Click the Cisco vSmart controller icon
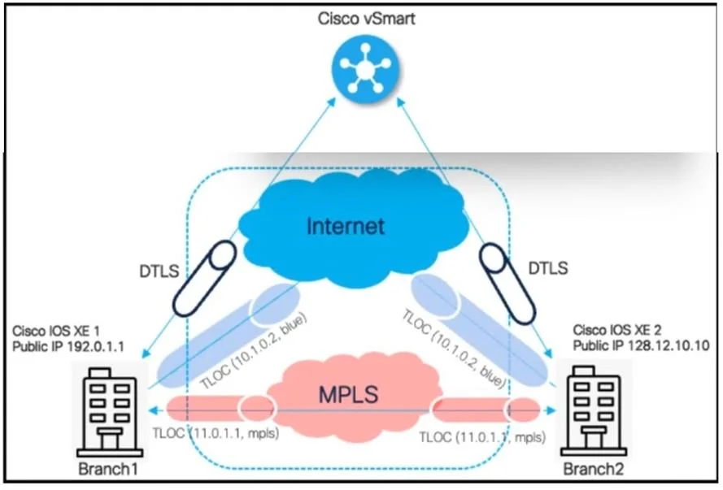coord(366,68)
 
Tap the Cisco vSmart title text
coord(367,19)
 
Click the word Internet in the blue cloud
coord(346,226)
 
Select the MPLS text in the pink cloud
coord(349,394)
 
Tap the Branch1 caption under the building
coord(108,469)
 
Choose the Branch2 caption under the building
coord(594,469)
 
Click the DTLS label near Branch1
coord(159,271)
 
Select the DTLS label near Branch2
coord(548,268)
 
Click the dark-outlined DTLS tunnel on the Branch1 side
coord(205,278)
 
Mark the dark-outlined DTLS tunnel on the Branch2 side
coord(507,282)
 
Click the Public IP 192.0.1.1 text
coord(68,346)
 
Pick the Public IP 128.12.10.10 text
coord(641,345)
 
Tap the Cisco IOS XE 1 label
coord(56,331)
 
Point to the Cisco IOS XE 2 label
coord(617,330)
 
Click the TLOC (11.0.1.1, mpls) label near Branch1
coord(216,433)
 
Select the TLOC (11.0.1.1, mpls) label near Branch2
coord(482,437)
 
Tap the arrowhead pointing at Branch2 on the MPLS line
coord(551,410)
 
